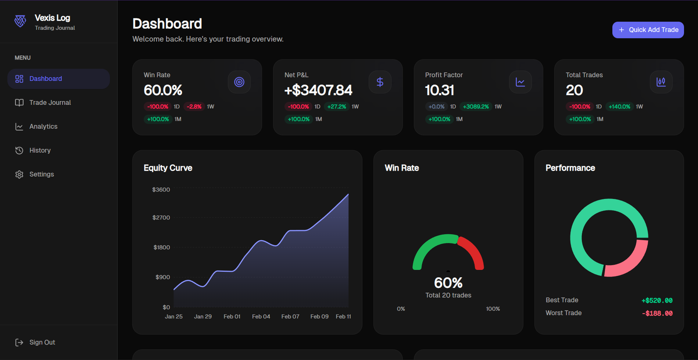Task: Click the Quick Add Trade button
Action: [x=648, y=30]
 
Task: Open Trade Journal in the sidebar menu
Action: [x=50, y=103]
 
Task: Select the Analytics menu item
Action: [x=43, y=126]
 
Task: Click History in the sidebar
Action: [x=40, y=150]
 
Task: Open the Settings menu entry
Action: [x=42, y=174]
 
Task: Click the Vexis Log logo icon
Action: [x=20, y=21]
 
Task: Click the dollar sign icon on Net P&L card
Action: [x=380, y=82]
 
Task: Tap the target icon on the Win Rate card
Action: [x=239, y=82]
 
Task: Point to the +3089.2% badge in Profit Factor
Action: [x=476, y=107]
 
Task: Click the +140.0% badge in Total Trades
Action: [x=619, y=107]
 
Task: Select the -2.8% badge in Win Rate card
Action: [x=194, y=107]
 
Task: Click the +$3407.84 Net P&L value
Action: [x=318, y=90]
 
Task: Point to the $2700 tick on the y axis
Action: [x=161, y=218]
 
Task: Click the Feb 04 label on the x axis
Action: [x=261, y=317]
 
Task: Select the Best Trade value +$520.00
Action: [x=657, y=300]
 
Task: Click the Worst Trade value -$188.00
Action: [x=657, y=313]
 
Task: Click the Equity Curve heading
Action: [x=168, y=168]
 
